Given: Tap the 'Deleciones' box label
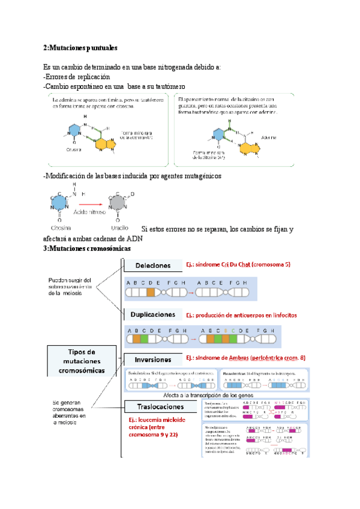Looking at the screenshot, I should point(152,265).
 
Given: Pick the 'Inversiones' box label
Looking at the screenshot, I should point(153,360).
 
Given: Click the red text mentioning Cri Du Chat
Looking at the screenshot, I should point(238,265).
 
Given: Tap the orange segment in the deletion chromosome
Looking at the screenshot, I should point(151,294).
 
